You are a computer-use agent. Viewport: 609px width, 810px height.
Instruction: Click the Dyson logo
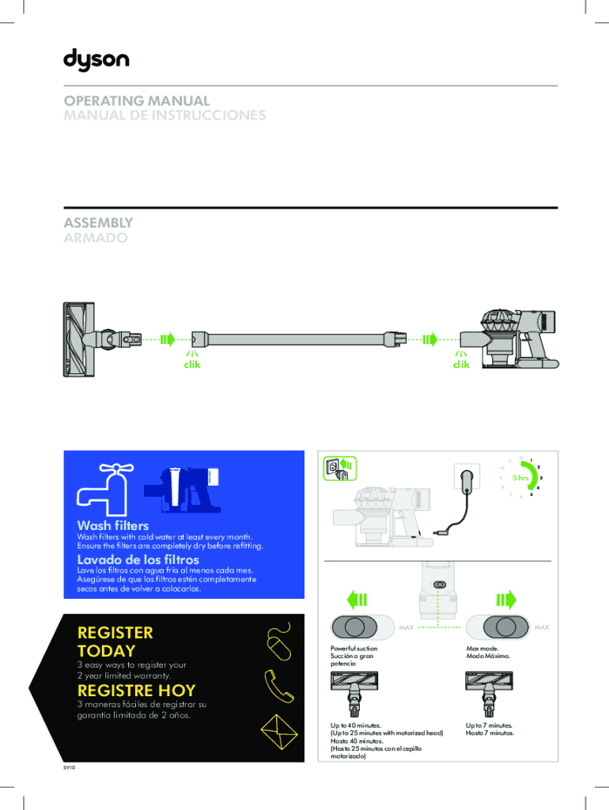96,60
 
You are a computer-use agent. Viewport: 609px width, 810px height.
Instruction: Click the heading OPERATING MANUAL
137,101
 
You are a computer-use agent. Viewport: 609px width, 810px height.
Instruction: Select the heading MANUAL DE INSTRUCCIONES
165,115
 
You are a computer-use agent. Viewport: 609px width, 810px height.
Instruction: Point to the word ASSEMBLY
98,223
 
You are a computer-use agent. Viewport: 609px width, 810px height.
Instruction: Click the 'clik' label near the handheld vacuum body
460,365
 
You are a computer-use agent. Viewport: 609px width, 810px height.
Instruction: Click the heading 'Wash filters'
112,525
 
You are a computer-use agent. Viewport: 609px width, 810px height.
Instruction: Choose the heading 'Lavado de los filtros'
138,560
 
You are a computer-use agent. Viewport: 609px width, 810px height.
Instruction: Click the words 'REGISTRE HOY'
136,691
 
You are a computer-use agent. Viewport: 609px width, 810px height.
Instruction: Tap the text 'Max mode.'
483,648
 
